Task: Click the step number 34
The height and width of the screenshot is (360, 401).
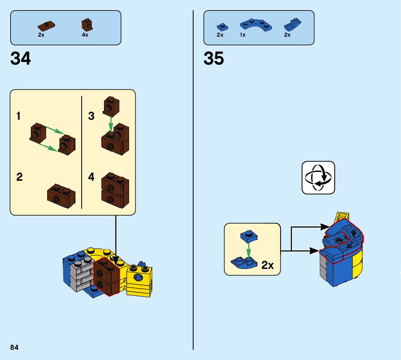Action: pos(21,58)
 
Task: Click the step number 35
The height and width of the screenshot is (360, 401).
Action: pos(214,58)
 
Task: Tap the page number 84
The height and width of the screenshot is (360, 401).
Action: pos(15,347)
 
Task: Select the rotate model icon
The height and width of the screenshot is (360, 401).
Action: pos(318,178)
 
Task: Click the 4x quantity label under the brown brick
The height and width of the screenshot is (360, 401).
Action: pos(85,35)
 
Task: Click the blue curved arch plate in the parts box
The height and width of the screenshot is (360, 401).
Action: pos(256,25)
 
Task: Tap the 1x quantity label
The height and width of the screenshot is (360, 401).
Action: pos(243,35)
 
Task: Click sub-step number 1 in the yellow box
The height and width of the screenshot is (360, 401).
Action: pos(18,116)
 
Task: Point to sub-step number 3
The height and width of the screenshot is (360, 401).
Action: pos(91,116)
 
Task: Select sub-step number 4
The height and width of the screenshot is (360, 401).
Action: pos(91,177)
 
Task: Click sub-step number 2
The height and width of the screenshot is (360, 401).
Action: pos(19,177)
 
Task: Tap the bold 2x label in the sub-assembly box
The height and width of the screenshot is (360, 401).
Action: pos(267,265)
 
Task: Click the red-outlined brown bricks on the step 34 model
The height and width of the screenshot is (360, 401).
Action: pos(107,278)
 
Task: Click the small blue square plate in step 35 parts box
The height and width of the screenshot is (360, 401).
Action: pos(222,26)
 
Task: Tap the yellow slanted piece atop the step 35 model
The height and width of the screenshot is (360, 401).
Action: pos(342,218)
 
